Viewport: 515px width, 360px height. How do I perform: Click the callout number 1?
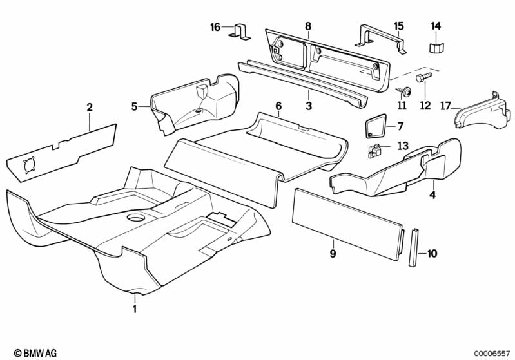135,309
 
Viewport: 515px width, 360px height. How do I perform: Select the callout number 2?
90,107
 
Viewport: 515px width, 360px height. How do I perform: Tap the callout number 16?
215,27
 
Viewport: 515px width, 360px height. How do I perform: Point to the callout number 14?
436,26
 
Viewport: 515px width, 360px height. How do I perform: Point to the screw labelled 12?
421,79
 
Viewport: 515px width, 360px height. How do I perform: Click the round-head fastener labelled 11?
403,90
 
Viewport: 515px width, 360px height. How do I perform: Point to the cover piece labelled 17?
480,111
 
